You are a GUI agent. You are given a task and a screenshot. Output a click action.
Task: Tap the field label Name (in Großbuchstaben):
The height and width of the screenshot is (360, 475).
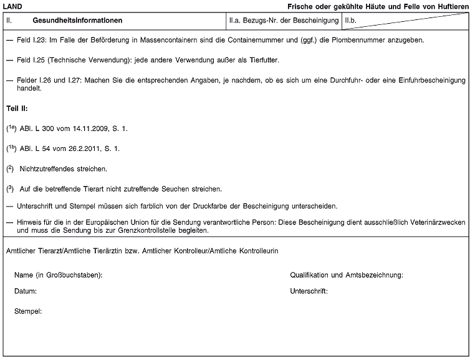[x=59, y=275]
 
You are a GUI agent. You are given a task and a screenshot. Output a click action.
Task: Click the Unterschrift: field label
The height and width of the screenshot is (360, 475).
[x=309, y=291]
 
